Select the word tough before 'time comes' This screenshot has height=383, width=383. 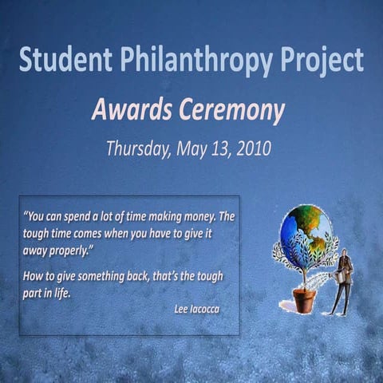pyautogui.click(x=38, y=234)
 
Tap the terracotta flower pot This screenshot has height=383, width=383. pyautogui.click(x=304, y=300)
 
